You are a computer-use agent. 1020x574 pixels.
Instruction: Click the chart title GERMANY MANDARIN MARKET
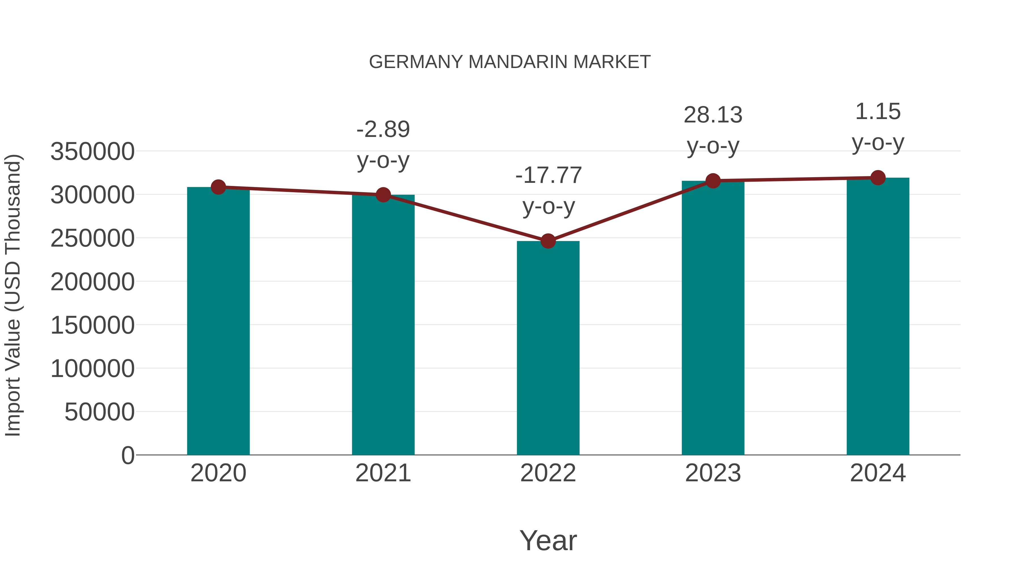[x=510, y=62]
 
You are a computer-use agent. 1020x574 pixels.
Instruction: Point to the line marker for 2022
[x=548, y=241]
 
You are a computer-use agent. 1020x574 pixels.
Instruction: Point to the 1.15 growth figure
[x=878, y=111]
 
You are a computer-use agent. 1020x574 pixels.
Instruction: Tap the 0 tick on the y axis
[x=128, y=455]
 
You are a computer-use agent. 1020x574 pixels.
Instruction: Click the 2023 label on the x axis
[x=713, y=473]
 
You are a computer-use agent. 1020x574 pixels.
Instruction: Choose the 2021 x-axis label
[x=383, y=473]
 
